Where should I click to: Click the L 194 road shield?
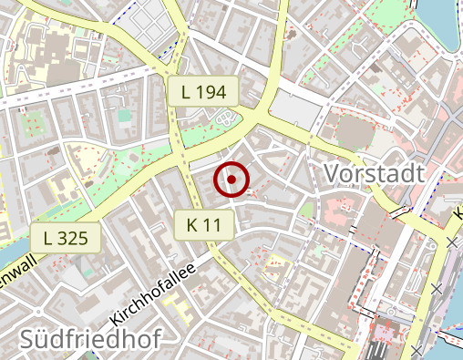tap(202, 90)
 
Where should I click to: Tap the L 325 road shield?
tap(65, 239)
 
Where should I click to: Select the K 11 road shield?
tap(205, 224)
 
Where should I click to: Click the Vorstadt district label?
tap(375, 173)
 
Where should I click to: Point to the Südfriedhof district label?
tap(90, 340)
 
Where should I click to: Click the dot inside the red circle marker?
tap(232, 180)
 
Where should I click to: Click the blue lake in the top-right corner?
tap(444, 23)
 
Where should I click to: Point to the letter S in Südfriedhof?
tap(28, 340)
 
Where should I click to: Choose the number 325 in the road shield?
tap(72, 239)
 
